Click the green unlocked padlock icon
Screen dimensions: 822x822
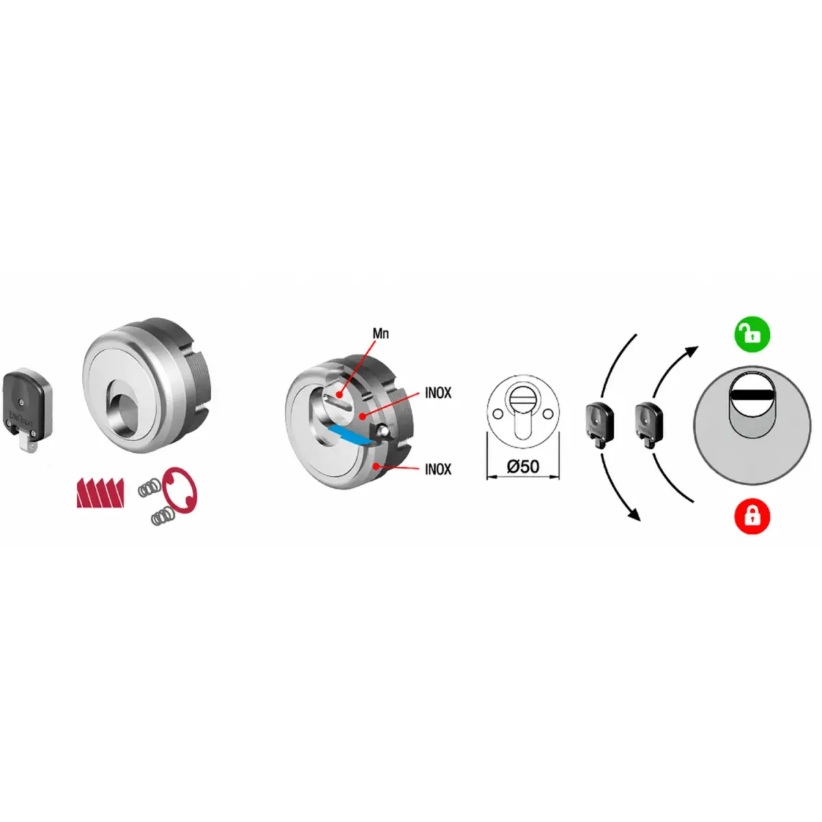click(x=751, y=334)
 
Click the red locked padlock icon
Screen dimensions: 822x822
click(x=751, y=516)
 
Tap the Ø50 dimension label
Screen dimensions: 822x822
click(x=523, y=466)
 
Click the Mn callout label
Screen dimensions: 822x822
click(x=380, y=333)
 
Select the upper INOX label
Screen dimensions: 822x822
click(x=438, y=393)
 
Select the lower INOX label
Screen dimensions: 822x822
click(x=438, y=469)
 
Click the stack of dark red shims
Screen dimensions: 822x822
click(x=100, y=493)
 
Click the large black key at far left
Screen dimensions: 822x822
click(x=27, y=409)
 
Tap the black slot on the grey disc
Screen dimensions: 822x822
click(x=751, y=395)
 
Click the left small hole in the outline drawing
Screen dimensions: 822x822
click(x=497, y=414)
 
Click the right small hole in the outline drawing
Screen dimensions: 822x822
click(x=549, y=413)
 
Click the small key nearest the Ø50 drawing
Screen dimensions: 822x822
click(x=599, y=425)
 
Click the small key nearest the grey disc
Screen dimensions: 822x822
click(x=648, y=425)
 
